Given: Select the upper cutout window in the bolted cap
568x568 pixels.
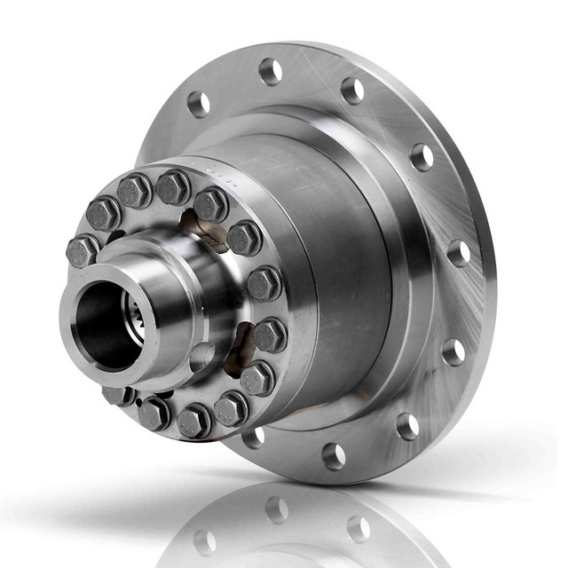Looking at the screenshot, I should click(202, 229).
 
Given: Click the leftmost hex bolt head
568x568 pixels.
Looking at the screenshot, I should click(82, 250).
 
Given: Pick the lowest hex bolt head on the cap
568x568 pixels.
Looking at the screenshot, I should click(193, 421).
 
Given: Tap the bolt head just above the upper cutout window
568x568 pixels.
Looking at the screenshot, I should click(211, 203).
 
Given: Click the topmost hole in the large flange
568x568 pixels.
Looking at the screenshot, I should click(271, 71).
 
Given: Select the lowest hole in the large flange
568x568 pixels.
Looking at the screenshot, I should click(335, 456).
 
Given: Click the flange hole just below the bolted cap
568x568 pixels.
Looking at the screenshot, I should click(254, 436).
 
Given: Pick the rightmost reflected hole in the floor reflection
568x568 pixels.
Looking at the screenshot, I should click(359, 529).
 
